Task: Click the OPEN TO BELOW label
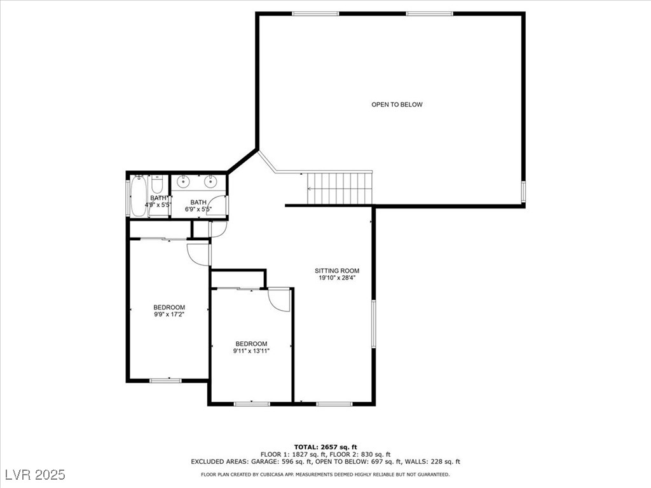coord(397,105)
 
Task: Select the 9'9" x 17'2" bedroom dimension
coord(168,314)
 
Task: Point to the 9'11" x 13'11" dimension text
coord(251,350)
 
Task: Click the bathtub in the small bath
coord(139,196)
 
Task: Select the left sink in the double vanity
coord(184,182)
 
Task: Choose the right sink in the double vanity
coord(210,182)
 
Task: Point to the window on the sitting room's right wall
coord(373,323)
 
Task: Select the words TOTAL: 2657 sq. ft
coord(325,447)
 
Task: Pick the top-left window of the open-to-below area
coord(315,13)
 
